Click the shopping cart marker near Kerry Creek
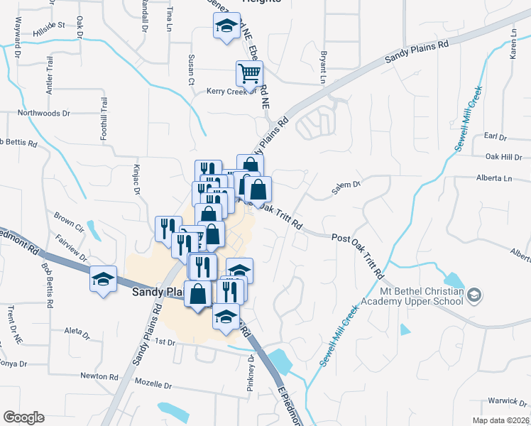point(249,72)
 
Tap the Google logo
point(23,417)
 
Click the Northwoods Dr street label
point(44,113)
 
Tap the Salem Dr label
point(346,187)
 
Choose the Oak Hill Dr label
point(503,157)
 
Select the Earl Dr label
point(494,136)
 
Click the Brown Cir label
point(69,215)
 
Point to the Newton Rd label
point(99,376)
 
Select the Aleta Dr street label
point(77,331)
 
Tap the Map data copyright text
point(500,420)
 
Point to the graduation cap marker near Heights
point(226,28)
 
